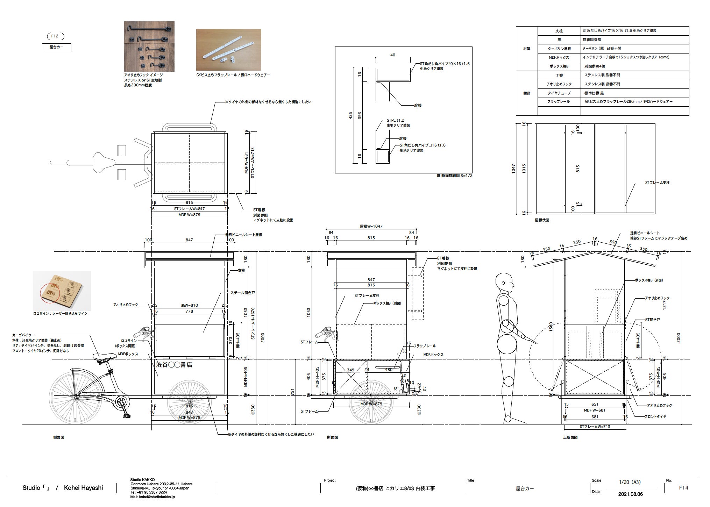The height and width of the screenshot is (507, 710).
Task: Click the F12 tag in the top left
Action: (55, 36)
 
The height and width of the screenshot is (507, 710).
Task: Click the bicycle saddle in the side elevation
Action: (104, 356)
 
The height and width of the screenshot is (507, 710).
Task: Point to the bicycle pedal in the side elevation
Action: (126, 416)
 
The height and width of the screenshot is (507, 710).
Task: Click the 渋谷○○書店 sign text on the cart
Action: (174, 365)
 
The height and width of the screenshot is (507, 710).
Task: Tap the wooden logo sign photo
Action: (62, 291)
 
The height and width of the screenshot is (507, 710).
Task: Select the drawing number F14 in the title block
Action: (683, 488)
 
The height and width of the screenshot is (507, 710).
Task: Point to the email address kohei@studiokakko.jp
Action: (152, 497)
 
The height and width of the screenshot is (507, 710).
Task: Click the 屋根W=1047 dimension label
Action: (371, 226)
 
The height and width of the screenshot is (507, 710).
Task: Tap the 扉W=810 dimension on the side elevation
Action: (189, 305)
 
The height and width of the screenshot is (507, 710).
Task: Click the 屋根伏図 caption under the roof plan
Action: (542, 220)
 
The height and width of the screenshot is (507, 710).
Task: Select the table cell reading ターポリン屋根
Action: (559, 49)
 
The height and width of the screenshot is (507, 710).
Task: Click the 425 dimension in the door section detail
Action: (351, 116)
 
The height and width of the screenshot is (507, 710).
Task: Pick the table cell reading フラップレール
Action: (559, 102)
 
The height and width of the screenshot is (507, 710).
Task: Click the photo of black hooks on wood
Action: (149, 47)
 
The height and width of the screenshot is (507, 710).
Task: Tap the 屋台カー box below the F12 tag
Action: (57, 47)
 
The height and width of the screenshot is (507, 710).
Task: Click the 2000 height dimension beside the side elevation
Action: (263, 337)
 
